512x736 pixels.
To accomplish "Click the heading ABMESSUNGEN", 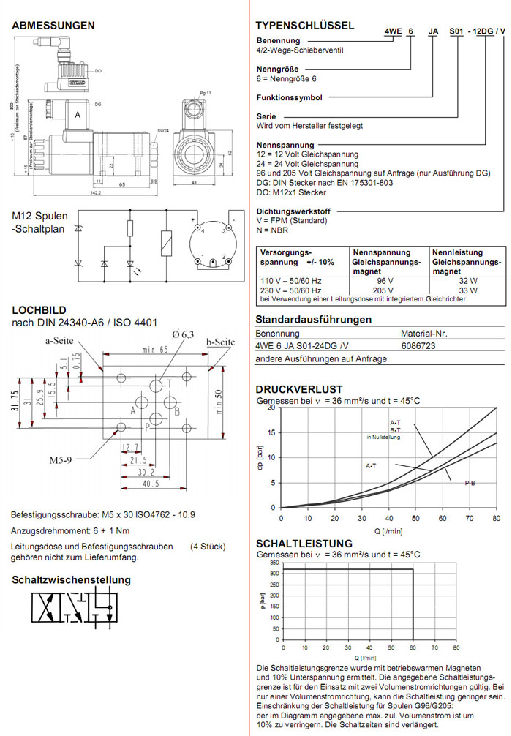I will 53,26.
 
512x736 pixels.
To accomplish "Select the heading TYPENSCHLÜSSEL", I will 304,26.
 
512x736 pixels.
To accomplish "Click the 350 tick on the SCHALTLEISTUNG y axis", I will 274,563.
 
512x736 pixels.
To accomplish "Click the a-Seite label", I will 61,341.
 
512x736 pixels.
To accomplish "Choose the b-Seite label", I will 219,342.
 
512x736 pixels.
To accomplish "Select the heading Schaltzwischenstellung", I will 71,579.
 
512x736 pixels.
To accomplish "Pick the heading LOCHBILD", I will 41,310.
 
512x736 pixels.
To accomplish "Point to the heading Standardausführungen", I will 313,320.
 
